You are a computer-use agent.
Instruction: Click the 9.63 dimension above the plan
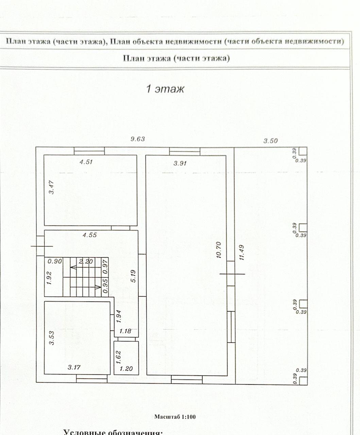tap(138, 139)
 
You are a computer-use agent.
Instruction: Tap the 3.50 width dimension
tap(271, 141)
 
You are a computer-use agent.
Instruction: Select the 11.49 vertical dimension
tap(241, 252)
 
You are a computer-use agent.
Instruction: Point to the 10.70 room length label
tap(219, 250)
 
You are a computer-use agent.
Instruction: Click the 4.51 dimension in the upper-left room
tap(86, 162)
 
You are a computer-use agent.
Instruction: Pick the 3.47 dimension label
tap(51, 187)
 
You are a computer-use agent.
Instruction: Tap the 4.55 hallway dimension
tap(90, 235)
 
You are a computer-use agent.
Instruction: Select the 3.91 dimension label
tap(180, 163)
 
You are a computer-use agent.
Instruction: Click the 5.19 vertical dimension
tap(133, 276)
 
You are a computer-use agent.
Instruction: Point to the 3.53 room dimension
tap(51, 338)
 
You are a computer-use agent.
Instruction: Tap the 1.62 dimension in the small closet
tap(118, 357)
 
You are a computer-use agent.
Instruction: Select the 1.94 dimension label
tap(118, 316)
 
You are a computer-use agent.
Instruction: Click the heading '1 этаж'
tap(165, 89)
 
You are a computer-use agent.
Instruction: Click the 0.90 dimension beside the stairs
tap(55, 261)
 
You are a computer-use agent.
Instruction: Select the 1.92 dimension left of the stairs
tap(49, 278)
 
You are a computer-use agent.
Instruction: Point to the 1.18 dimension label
tap(125, 331)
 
